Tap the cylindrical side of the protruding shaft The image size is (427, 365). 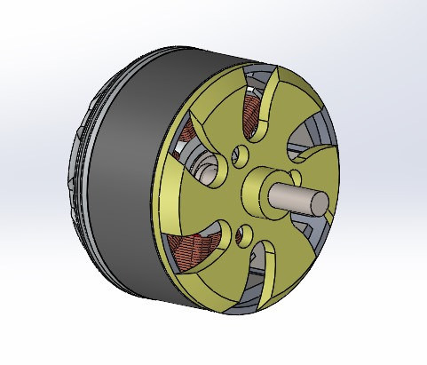tap(289, 195)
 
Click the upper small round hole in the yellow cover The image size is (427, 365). tap(238, 157)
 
